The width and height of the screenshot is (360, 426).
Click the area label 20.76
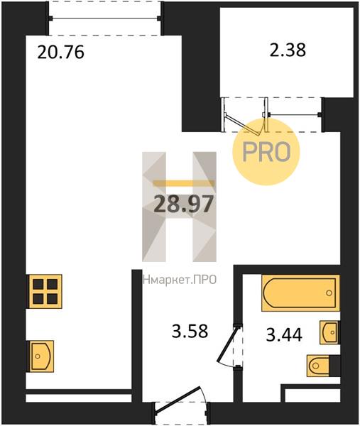(x=60, y=52)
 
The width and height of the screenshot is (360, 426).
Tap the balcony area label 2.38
(x=288, y=50)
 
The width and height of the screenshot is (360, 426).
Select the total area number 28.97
(x=182, y=204)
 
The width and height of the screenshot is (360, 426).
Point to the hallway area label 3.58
(x=190, y=331)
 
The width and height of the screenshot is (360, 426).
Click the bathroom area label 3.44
(x=284, y=334)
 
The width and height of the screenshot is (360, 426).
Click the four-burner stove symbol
(x=45, y=292)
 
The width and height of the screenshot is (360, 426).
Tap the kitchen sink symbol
(x=40, y=356)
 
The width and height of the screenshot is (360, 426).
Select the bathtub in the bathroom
(x=300, y=293)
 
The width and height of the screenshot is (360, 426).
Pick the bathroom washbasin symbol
(x=329, y=332)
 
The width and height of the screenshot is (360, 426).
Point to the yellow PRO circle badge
(x=266, y=152)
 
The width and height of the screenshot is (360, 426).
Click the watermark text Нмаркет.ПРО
(x=180, y=279)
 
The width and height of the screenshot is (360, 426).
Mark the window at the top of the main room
(x=105, y=18)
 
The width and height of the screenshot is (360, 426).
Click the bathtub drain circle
(x=329, y=293)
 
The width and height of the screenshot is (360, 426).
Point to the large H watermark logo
(x=180, y=207)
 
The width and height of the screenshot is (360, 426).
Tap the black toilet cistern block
(x=334, y=366)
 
